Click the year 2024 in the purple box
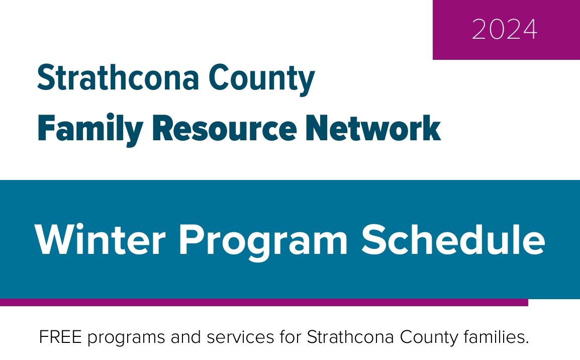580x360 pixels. click(x=505, y=30)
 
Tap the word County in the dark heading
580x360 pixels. click(x=261, y=79)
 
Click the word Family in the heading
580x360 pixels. click(x=90, y=130)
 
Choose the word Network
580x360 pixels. click(x=373, y=128)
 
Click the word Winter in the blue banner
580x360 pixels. click(x=100, y=240)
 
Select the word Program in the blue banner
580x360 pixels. click(x=263, y=242)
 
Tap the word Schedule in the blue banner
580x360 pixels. click(x=453, y=239)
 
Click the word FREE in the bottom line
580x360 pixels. click(x=60, y=337)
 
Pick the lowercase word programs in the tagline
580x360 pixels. click(x=126, y=338)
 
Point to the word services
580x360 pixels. click(x=240, y=337)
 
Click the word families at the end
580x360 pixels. click(x=496, y=337)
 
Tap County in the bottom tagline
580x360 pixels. click(x=429, y=338)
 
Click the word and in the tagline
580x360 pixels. click(x=185, y=337)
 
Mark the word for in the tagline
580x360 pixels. click(x=291, y=337)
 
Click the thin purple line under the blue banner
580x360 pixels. click(x=264, y=302)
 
